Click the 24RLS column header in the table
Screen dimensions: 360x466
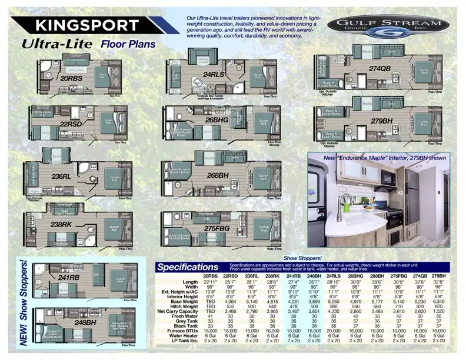(x=334, y=276)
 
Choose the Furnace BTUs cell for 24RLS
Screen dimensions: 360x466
(x=334, y=331)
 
